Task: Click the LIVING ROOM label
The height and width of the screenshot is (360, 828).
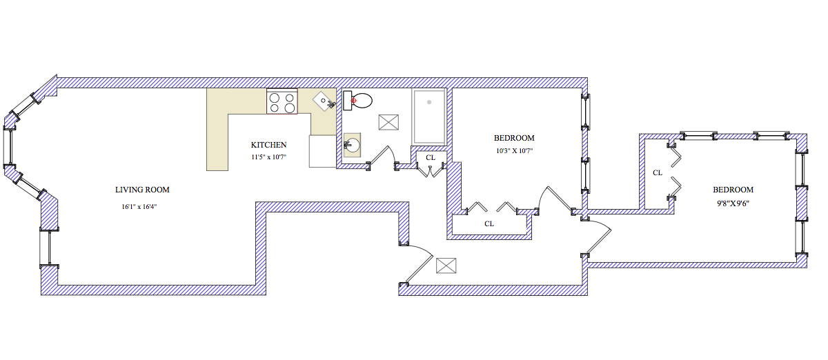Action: pos(142,190)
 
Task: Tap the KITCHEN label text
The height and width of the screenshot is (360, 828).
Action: pos(268,145)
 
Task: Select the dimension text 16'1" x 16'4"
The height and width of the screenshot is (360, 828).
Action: pos(141,206)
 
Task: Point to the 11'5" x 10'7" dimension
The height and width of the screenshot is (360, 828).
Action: pos(268,157)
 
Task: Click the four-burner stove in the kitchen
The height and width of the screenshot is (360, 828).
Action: pos(282,103)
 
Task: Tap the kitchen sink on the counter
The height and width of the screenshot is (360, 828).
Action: pos(324,102)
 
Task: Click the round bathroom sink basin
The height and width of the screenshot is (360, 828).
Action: pos(353,145)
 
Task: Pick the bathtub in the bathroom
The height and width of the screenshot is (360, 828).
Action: pos(428,115)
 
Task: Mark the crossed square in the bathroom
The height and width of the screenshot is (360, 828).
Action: pos(388,122)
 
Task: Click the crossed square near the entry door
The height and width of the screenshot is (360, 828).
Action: pos(446,266)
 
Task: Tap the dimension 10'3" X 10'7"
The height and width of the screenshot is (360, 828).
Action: pos(514,150)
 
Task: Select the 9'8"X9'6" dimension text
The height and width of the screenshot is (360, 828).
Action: pos(732,203)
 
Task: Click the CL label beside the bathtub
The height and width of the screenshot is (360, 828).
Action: pos(431,158)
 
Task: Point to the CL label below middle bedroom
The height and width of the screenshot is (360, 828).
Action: pos(489,223)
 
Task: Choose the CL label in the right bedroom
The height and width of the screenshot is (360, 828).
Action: pos(658,173)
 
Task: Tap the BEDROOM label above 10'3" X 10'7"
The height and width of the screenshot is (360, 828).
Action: pos(514,138)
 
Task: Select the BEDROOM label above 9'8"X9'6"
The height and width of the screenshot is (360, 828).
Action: pos(733,190)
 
